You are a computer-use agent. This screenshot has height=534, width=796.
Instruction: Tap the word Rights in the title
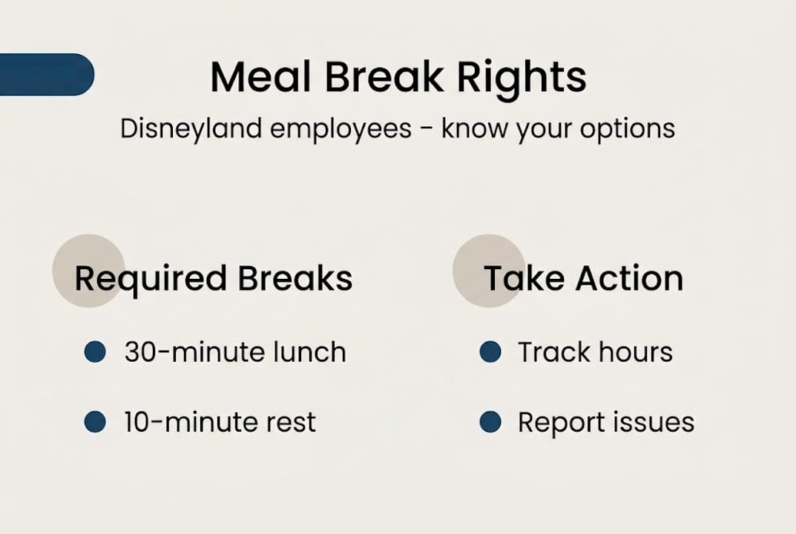pos(522,76)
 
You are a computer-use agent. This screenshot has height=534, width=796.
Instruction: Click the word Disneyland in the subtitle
pos(191,128)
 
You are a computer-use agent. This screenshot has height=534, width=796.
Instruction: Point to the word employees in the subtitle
pos(341,128)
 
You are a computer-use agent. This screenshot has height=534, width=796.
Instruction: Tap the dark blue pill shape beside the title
pos(45,75)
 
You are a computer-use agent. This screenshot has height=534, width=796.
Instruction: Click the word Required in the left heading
pos(151,279)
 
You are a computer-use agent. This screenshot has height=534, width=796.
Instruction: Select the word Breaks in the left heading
pos(295,279)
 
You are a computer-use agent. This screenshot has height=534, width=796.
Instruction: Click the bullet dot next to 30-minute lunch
pos(95,352)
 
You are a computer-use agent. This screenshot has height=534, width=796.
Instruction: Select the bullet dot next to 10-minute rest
pos(95,422)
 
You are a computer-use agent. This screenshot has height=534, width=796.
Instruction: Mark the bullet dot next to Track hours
pos(490,352)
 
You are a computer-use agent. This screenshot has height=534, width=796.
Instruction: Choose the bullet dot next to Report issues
pos(490,422)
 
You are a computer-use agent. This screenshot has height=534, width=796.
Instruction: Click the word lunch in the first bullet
pos(307,352)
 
